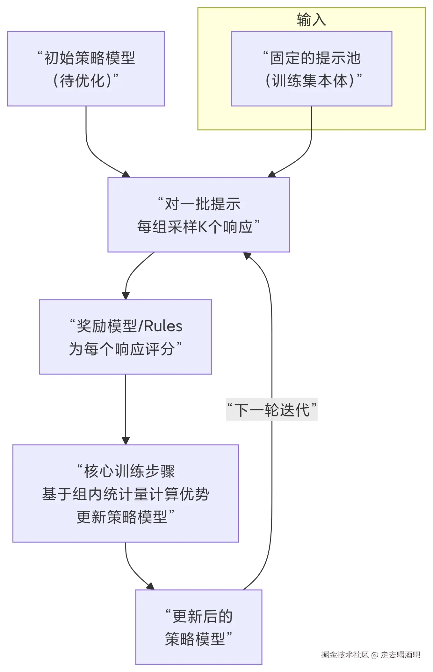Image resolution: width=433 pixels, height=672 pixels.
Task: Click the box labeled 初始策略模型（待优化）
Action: point(86,69)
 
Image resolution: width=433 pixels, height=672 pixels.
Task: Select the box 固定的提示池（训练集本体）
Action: point(311,69)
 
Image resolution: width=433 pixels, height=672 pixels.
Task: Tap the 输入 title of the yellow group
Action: point(311,20)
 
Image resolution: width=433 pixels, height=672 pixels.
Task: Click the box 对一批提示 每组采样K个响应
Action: point(198,215)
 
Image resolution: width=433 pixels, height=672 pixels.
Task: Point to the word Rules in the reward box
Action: point(163,326)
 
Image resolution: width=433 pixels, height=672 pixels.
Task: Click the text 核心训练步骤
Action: point(129,471)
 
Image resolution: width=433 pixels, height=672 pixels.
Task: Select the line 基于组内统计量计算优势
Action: point(126,494)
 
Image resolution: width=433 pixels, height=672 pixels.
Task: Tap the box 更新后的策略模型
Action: point(198,627)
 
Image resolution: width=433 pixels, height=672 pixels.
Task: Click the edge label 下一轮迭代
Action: point(272,409)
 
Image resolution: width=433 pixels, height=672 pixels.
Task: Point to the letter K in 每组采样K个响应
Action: point(203,227)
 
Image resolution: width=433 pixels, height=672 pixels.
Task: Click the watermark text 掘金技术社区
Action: point(345,654)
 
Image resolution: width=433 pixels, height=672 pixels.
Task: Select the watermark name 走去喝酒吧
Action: point(400,654)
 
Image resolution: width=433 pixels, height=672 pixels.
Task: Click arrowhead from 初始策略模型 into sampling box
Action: point(126,174)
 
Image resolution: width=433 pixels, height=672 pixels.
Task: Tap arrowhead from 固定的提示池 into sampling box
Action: point(271,174)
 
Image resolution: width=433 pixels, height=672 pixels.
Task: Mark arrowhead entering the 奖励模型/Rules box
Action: point(126,296)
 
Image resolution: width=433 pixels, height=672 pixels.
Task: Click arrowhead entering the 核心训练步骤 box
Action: point(126,441)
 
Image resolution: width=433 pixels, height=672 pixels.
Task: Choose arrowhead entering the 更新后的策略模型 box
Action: point(151,586)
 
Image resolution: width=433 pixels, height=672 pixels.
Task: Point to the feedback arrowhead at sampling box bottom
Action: point(247,255)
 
